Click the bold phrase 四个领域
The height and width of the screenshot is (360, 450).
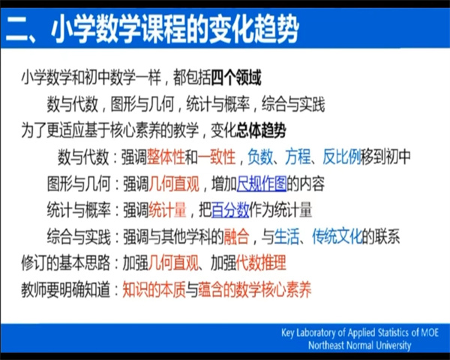click(236, 77)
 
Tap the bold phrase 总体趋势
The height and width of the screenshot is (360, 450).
click(261, 130)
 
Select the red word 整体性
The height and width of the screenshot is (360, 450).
click(166, 157)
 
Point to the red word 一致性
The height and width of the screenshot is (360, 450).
click(217, 157)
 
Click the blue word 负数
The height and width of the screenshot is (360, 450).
click(260, 157)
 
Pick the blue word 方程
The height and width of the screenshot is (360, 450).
click(298, 157)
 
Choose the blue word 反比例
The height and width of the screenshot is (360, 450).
click(342, 157)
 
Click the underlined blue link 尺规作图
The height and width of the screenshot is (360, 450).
click(262, 184)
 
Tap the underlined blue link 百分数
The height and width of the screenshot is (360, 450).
click(230, 210)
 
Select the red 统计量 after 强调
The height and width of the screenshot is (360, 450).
click(167, 210)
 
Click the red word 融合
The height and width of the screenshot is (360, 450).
click(236, 236)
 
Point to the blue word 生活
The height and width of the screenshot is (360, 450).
click(286, 236)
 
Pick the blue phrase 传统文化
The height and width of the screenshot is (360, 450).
click(337, 236)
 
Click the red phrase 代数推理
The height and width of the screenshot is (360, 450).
click(261, 262)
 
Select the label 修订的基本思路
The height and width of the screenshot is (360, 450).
click(66, 262)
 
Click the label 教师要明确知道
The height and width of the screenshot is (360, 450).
click(66, 289)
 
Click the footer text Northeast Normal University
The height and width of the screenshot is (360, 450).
click(359, 345)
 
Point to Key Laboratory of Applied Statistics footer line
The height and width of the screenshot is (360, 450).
click(360, 332)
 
